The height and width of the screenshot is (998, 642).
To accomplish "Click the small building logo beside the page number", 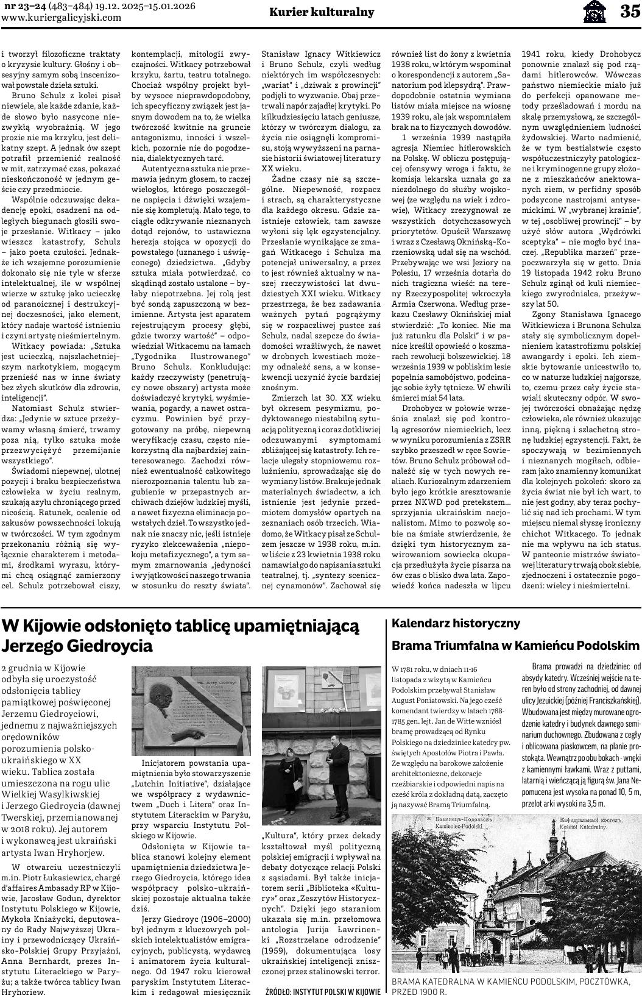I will [594, 11].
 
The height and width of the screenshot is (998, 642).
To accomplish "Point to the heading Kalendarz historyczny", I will [456, 623].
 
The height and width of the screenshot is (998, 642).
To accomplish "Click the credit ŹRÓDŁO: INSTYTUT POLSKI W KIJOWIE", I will [323, 991].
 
